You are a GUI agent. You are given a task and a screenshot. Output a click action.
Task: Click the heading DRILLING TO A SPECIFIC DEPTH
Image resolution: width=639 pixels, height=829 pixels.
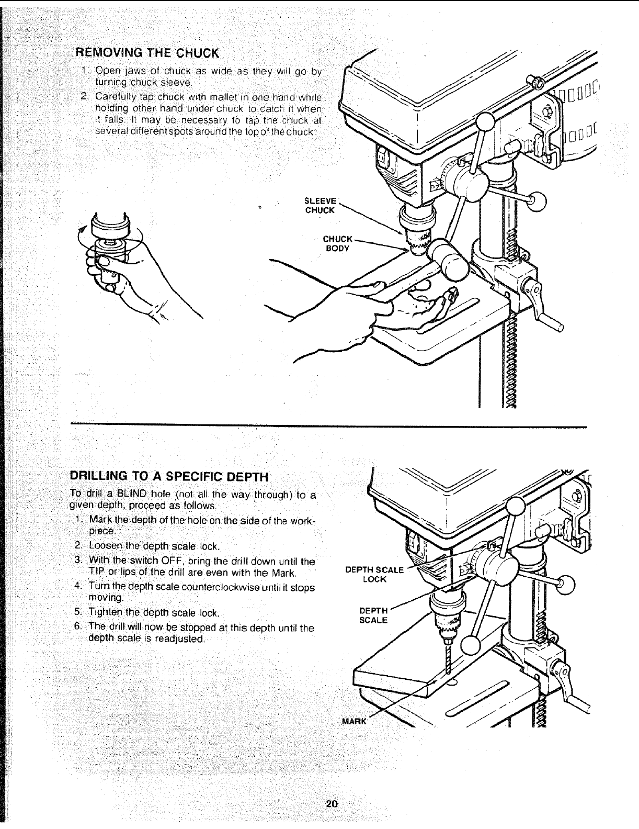(x=169, y=477)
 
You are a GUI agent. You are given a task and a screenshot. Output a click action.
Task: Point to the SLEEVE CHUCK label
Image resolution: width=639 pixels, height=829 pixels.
(x=319, y=205)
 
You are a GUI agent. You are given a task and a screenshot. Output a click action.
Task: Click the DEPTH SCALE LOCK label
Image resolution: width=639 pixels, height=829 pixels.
(x=374, y=574)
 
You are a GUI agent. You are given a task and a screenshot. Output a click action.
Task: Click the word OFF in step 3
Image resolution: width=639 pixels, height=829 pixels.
(x=170, y=562)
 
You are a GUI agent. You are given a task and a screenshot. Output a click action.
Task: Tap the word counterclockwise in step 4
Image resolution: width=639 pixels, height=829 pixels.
(x=225, y=587)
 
